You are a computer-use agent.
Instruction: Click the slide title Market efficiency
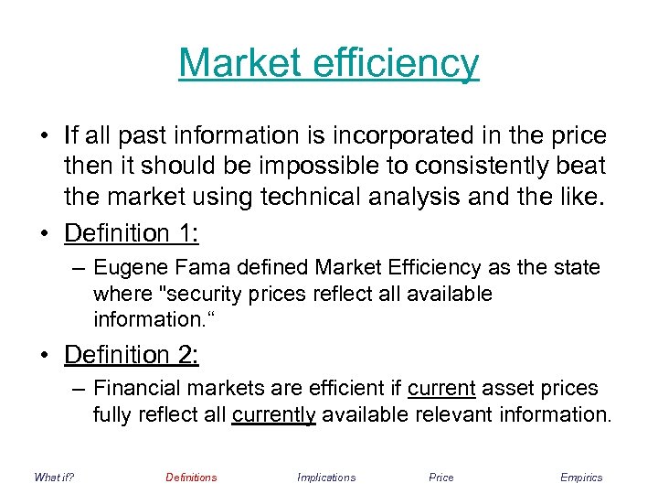[x=328, y=63]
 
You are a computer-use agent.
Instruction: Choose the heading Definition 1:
[x=132, y=233]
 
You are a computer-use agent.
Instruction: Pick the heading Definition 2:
[x=132, y=354]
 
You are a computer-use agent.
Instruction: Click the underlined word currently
[x=273, y=414]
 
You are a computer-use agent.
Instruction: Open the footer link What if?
[x=53, y=478]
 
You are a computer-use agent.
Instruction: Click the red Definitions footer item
[x=191, y=478]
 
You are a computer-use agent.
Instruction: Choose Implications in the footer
[x=326, y=478]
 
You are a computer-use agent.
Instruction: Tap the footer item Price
[x=440, y=478]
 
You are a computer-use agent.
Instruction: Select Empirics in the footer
[x=581, y=478]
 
